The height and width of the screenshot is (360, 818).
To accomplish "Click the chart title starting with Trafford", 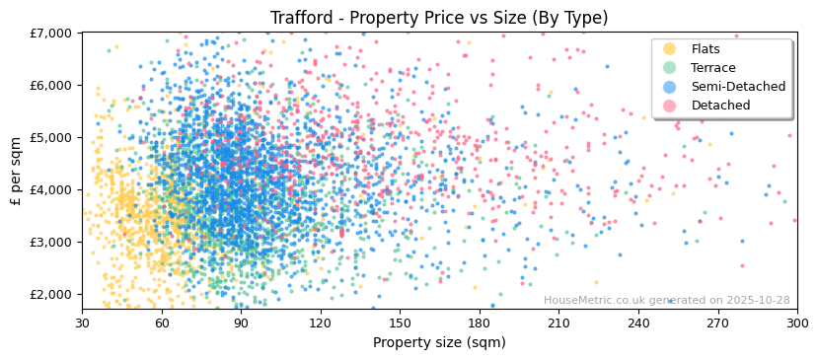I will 439,18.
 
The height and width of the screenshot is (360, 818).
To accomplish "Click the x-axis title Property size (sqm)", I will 439,342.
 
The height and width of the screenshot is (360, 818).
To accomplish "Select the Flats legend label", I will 706,49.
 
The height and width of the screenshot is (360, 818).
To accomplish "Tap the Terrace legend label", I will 712,68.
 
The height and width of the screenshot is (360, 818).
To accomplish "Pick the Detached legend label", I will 720,106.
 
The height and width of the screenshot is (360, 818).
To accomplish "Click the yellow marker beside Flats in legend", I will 670,49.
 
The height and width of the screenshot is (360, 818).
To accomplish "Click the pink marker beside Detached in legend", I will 670,106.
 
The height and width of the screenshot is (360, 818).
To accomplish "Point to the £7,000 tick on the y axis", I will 55,34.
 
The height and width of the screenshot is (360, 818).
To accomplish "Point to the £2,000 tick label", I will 55,294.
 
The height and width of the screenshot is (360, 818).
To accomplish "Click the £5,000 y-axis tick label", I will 55,137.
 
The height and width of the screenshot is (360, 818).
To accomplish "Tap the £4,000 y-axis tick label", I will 55,189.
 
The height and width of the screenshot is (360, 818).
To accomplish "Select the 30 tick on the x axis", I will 83,322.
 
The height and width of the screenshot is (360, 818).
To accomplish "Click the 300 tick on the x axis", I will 796,322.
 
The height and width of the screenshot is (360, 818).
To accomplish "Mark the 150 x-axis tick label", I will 400,322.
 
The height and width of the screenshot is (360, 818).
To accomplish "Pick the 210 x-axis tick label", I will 558,322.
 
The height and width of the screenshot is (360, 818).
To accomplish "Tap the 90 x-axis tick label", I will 241,322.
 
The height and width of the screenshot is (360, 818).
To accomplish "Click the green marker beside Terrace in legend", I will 670,68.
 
